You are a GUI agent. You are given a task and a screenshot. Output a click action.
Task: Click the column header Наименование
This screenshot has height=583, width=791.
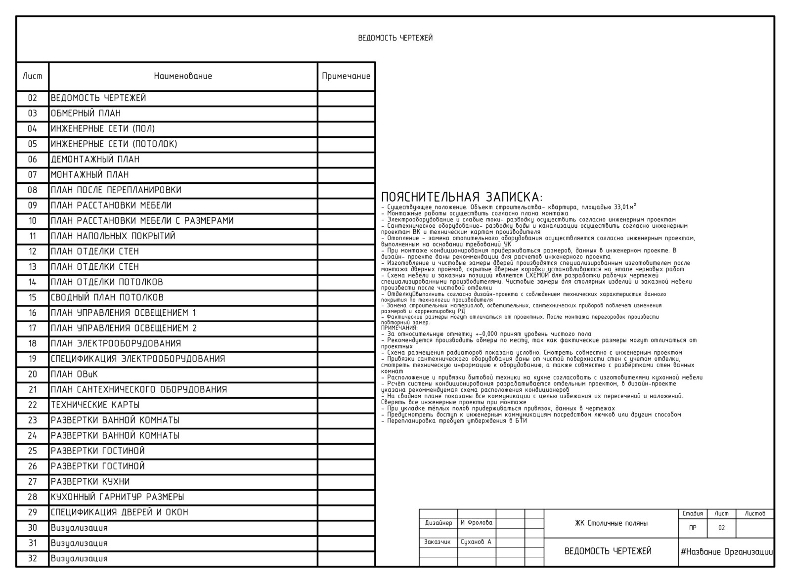click(183, 76)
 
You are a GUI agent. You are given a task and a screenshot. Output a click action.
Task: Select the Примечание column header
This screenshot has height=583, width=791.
click(346, 76)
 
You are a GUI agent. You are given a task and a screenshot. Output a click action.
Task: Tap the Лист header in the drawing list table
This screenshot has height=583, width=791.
click(33, 76)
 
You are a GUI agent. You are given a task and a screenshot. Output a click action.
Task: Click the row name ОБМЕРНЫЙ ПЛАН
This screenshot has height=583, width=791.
click(86, 113)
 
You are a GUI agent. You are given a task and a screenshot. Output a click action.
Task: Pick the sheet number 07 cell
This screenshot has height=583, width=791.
click(33, 174)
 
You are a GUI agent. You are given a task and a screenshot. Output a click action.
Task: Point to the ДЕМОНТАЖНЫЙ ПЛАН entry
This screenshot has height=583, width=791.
click(95, 159)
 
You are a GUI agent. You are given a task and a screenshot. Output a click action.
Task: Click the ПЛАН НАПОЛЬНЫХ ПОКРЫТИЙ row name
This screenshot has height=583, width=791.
click(113, 236)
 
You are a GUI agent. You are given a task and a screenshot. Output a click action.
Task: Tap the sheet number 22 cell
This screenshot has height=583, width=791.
click(33, 405)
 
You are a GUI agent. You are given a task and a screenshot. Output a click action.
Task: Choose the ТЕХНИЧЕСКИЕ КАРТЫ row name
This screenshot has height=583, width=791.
click(95, 405)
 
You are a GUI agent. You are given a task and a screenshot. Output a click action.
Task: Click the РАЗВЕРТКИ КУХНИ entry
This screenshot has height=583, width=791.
click(90, 482)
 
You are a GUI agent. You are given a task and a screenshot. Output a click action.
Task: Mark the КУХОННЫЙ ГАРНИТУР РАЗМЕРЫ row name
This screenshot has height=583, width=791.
click(117, 497)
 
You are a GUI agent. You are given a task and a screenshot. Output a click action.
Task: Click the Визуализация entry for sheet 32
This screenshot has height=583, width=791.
click(79, 558)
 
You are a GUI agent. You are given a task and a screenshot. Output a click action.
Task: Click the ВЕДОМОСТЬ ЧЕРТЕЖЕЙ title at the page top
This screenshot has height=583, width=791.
click(395, 38)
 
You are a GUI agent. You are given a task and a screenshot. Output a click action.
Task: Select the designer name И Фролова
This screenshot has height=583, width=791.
click(477, 523)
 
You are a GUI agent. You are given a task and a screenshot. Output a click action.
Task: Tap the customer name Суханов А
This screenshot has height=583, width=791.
click(476, 542)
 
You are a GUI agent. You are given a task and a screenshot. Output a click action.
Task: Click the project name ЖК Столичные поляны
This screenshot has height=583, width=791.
click(611, 523)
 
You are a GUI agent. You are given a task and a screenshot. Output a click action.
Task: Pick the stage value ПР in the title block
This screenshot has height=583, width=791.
click(693, 528)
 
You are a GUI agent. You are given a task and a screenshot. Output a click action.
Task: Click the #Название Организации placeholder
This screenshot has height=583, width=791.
click(726, 552)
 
